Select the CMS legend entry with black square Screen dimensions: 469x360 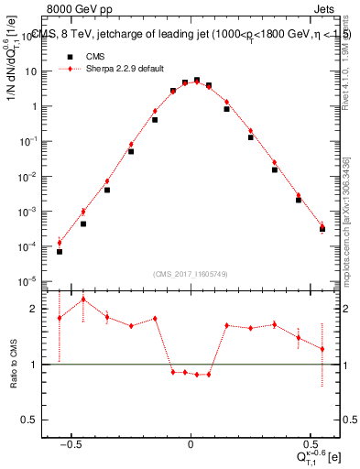coord(79,55)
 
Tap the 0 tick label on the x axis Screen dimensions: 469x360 coord(191,442)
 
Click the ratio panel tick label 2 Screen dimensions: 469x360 coord(38,309)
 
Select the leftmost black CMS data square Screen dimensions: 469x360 coord(60,251)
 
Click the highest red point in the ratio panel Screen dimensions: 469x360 coord(83,299)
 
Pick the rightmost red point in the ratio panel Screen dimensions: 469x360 coord(322,349)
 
